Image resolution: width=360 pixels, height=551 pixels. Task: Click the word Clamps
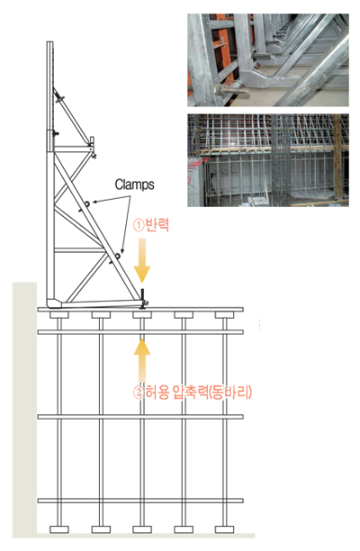134,185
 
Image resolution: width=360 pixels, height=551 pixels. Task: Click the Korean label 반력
157,224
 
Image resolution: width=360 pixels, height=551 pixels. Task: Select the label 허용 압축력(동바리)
199,392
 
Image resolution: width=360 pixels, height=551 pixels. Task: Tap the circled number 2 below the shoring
139,393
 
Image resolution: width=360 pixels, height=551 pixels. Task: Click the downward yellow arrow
142,260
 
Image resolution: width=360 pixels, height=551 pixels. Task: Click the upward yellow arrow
142,360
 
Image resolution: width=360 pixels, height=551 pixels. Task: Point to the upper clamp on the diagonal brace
86,203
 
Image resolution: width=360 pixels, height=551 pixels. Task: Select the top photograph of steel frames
268,60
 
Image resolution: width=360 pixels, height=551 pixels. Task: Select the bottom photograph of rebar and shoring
268,160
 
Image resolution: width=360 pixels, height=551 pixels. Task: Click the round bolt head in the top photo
220,90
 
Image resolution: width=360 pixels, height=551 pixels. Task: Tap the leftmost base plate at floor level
59,528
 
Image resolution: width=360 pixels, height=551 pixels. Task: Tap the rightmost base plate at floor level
224,528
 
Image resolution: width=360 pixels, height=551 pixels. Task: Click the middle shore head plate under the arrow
142,314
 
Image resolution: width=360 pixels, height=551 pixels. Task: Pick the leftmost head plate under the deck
59,314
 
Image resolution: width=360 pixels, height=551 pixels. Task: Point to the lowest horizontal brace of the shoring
140,501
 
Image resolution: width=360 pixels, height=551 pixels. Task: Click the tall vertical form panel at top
50,96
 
